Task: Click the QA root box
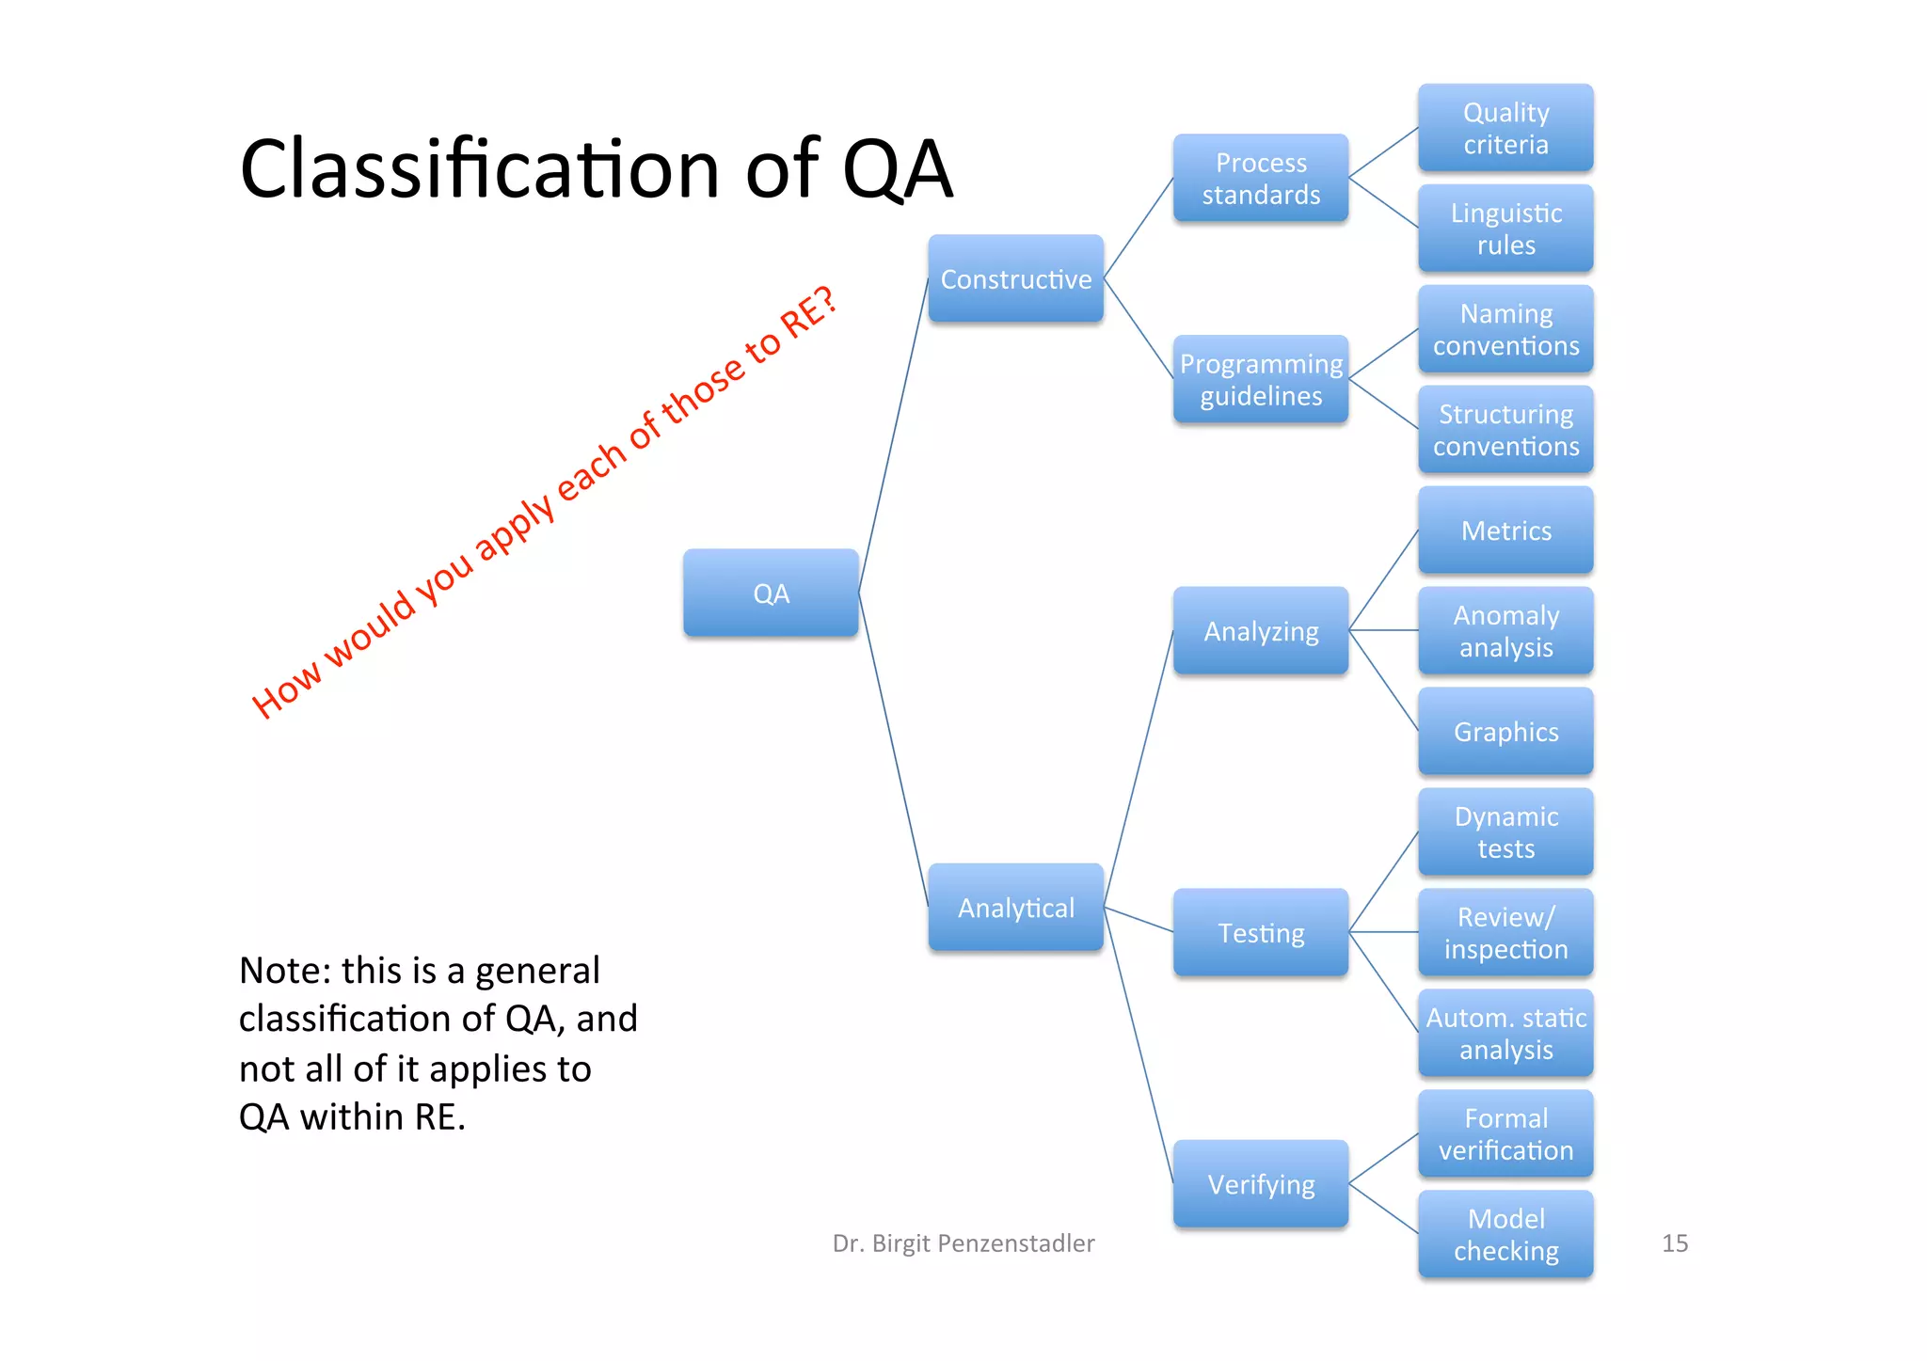coord(771,593)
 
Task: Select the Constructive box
coord(1015,278)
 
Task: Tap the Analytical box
coord(1015,907)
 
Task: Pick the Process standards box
coord(1261,178)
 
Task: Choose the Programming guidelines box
coord(1261,379)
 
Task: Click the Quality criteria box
coord(1505,128)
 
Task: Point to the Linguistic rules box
coord(1505,229)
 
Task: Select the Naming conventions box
coord(1505,329)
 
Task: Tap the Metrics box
coord(1505,530)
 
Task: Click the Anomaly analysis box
coord(1505,631)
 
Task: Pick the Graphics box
coord(1505,732)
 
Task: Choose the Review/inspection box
coord(1505,932)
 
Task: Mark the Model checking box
coord(1505,1234)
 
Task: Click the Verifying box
coord(1261,1183)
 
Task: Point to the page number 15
coord(1675,1242)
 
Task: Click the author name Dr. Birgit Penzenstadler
coord(963,1242)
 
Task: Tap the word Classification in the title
coord(480,169)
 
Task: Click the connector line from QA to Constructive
coord(893,435)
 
